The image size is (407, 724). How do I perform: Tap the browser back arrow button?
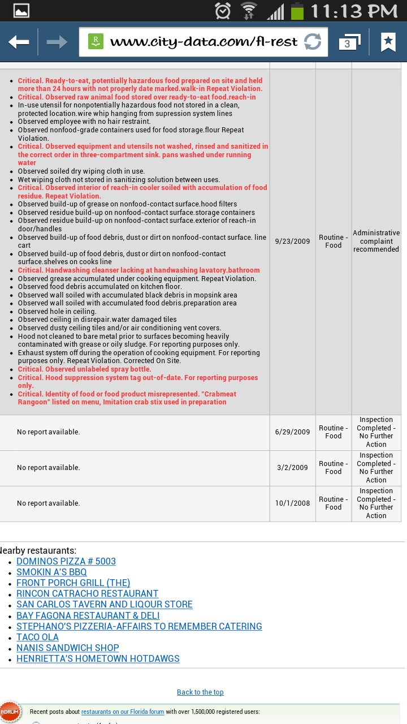coord(19,42)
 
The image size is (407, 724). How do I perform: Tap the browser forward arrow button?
coord(57,42)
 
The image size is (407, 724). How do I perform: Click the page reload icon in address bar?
coord(312,42)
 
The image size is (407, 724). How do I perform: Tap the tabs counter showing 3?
coord(348,42)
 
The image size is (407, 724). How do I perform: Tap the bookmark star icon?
coord(388,42)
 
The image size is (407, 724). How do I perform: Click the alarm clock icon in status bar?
coord(223,11)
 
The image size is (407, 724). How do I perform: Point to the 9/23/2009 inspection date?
coord(292,242)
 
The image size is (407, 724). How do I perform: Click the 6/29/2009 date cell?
coord(292,432)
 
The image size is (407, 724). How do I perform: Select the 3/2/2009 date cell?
coord(292,468)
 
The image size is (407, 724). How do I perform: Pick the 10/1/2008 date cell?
coord(292,503)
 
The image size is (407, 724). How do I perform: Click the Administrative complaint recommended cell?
coord(376,242)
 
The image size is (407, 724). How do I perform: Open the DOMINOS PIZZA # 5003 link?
coord(66,562)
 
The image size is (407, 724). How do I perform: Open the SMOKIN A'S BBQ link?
coord(51,572)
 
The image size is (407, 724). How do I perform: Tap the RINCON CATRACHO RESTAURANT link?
coord(87,594)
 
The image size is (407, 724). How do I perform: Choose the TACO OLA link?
coord(37,637)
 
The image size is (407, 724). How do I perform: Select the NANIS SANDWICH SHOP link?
coord(67,648)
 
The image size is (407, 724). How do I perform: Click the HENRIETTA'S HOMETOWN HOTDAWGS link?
coord(98,659)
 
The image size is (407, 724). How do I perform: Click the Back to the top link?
coord(200,692)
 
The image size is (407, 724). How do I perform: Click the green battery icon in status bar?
coord(297,11)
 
